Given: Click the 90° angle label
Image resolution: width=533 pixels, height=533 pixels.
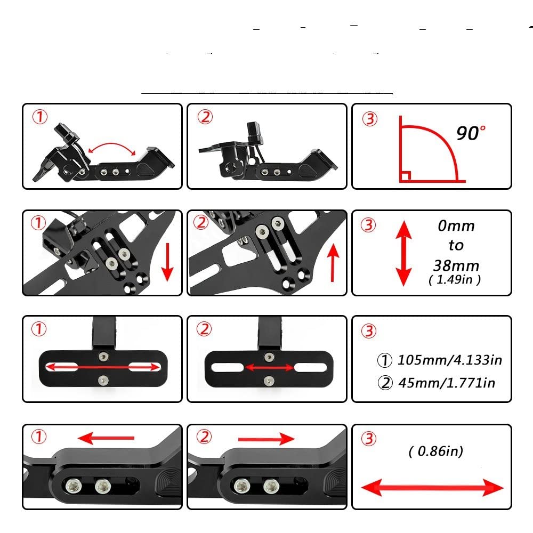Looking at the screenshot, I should click(471, 132).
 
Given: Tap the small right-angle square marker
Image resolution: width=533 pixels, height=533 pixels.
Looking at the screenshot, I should click(405, 176).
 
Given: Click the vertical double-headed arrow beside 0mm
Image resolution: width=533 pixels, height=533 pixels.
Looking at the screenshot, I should click(403, 253).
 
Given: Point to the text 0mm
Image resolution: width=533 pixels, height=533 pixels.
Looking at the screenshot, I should click(456, 225).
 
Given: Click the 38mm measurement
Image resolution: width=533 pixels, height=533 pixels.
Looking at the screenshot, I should click(456, 265).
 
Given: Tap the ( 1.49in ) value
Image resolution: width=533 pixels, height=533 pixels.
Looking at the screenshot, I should click(455, 280).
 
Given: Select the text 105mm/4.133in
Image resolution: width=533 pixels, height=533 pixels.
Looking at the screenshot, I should click(449, 360).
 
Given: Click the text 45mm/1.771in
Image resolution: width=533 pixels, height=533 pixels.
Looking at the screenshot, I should click(447, 383).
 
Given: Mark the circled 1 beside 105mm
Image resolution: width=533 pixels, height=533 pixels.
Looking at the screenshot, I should click(384, 360).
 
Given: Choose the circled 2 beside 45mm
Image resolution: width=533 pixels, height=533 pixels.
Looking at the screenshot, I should click(384, 383).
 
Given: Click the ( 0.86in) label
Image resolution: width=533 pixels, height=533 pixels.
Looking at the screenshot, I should click(436, 451).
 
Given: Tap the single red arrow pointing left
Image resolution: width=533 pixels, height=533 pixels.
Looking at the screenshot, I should click(106, 438).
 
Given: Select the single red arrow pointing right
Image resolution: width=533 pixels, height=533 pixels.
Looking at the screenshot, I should click(266, 439).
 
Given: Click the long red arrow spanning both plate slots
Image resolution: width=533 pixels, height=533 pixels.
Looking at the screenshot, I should click(104, 367).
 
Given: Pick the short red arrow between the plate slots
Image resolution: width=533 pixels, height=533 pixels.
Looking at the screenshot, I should click(269, 368).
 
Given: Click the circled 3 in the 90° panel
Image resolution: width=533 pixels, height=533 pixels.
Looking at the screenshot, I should click(370, 119).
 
